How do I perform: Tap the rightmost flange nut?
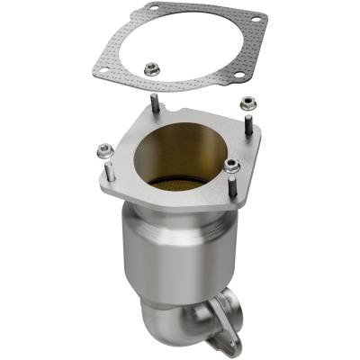pos(247,104)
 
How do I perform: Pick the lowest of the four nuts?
pos(232,165)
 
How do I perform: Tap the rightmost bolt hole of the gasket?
pos(256,19)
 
